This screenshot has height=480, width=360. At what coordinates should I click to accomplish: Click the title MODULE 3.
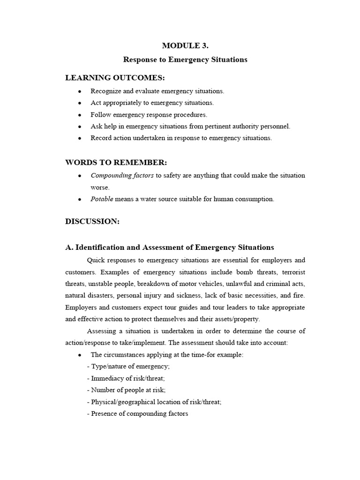click(185, 45)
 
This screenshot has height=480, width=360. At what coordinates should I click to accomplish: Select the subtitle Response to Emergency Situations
click(185, 60)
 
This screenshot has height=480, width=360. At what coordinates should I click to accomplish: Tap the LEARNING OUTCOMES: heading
click(115, 77)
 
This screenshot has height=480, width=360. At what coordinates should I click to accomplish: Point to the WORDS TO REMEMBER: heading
click(116, 162)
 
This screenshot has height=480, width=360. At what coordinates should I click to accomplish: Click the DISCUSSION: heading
click(92, 222)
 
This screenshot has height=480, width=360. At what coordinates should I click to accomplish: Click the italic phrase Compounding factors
click(115, 175)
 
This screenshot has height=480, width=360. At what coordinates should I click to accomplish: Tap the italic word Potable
click(102, 199)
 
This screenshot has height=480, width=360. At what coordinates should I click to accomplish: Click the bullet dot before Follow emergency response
click(80, 114)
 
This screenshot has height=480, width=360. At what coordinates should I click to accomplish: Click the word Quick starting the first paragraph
click(96, 260)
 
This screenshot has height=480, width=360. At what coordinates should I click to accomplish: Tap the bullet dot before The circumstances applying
click(80, 355)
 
